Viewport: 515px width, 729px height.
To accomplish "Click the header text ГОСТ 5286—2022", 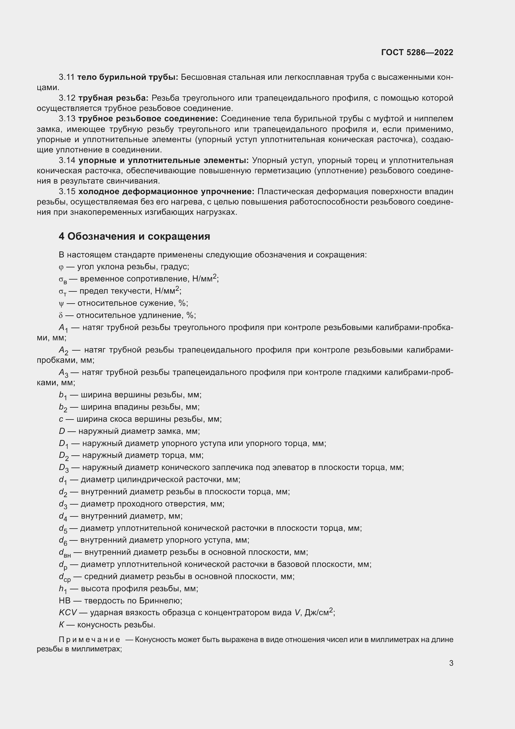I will (417, 52).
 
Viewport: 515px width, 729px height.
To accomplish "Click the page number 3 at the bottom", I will (451, 663).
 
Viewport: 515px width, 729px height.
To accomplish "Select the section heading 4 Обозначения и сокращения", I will (134, 237).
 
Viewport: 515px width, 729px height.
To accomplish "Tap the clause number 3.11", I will (66, 77).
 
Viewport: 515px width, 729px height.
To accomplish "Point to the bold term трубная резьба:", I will (113, 98).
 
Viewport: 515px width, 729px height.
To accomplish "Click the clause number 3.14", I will (67, 160).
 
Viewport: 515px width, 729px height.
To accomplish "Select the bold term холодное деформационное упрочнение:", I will (166, 191).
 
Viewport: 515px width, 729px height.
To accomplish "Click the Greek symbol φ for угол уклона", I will (61, 267).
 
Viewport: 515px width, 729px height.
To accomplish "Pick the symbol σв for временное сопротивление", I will (63, 280).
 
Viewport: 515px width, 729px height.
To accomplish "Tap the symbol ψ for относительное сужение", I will (61, 304).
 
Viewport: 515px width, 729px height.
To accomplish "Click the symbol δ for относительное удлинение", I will (61, 315).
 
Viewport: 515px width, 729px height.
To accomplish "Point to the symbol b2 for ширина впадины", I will (63, 408).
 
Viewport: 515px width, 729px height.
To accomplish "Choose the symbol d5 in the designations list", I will (63, 529).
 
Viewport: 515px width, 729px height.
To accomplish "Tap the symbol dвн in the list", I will (65, 553).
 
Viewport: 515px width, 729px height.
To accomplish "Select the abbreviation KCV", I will (68, 613).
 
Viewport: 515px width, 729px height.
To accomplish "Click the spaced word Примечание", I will (89, 640).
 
